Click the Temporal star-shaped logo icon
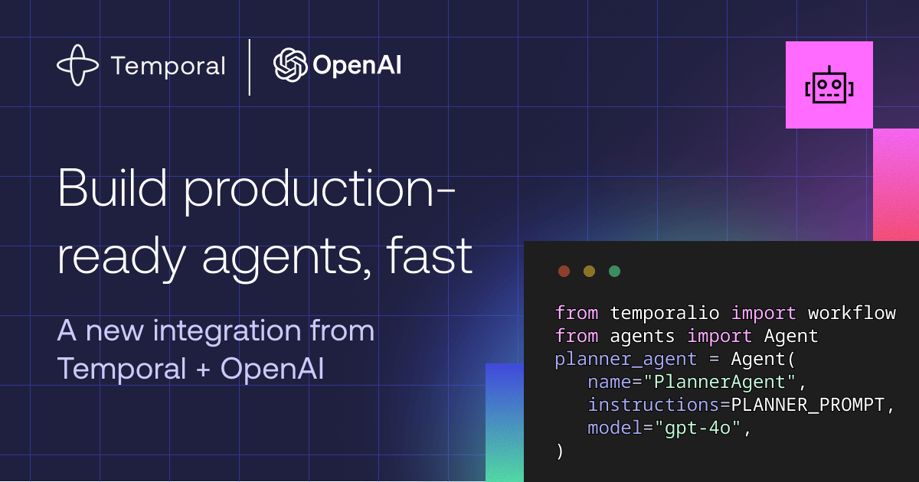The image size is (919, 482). coord(77,65)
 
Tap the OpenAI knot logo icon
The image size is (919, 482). coord(290,65)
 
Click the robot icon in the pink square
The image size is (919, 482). coord(829,84)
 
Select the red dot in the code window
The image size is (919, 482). coord(564,271)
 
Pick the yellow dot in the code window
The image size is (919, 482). coord(589,271)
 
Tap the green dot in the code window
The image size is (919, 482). coord(614,271)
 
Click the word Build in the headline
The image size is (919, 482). coord(112,188)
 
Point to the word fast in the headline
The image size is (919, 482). coord(430,256)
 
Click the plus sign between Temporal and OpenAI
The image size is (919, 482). coord(203,370)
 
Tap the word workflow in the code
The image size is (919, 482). coord(852,313)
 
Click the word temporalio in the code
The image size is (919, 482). coord(665,313)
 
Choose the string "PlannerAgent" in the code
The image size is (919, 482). coord(720,382)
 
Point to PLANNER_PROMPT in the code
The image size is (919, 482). coord(807,405)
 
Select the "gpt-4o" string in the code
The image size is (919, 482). coord(698,428)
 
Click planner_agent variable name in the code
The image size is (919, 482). coord(626,360)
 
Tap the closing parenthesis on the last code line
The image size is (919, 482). coord(560,451)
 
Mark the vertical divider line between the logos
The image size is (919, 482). coord(250,67)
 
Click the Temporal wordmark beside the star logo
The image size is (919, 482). coord(168,67)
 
